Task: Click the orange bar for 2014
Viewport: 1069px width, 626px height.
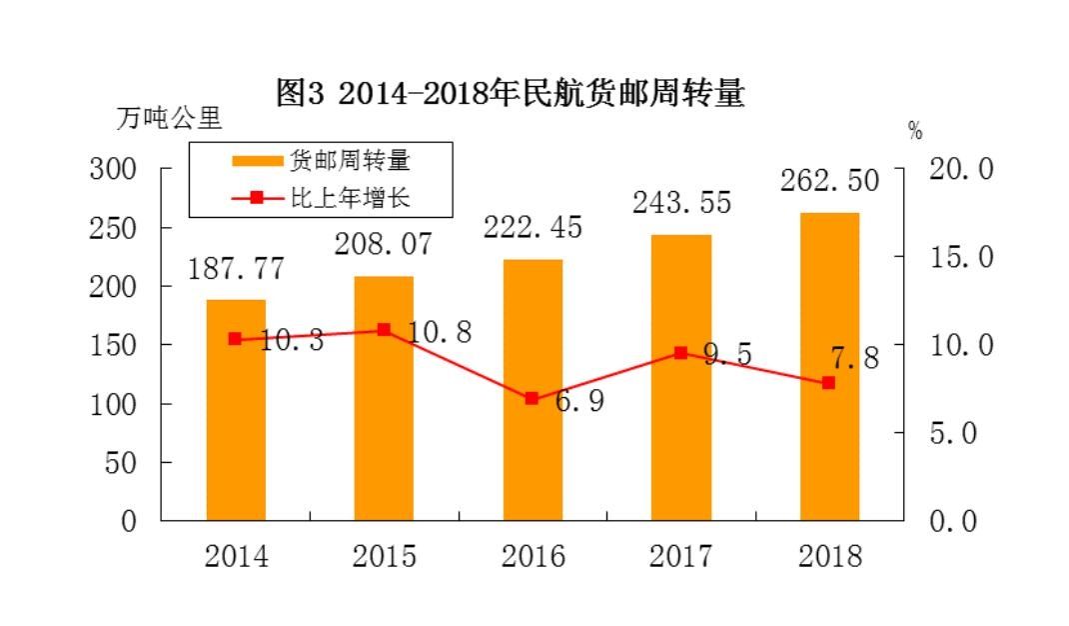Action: pos(236,420)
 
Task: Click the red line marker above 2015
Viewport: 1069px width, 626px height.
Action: pos(384,330)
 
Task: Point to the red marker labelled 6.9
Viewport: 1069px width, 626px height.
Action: pos(532,398)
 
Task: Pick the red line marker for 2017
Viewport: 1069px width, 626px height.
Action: pos(680,352)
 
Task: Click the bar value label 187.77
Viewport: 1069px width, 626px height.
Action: pos(236,269)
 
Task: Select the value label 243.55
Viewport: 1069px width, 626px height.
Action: pos(681,203)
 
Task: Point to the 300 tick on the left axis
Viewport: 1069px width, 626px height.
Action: pos(113,168)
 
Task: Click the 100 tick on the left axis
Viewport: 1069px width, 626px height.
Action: pos(113,403)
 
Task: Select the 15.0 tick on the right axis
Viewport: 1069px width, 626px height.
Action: pos(961,257)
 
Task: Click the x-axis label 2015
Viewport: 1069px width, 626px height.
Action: pos(384,556)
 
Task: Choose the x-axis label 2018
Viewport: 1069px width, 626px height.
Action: pos(829,556)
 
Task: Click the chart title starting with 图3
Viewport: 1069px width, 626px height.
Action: pos(510,94)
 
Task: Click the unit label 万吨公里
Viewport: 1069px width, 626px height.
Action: pos(169,118)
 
